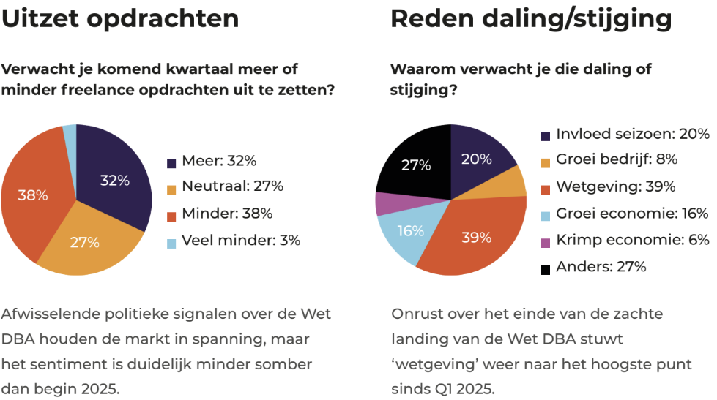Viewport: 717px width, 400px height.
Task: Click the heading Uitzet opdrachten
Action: click(x=120, y=18)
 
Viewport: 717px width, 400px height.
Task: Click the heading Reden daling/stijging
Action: click(x=531, y=18)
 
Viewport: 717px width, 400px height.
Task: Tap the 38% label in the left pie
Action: click(x=34, y=195)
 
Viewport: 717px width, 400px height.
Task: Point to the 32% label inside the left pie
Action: click(x=114, y=180)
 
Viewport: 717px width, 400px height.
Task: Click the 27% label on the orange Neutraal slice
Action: click(x=84, y=243)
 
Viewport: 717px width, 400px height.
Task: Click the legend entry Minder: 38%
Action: click(x=226, y=214)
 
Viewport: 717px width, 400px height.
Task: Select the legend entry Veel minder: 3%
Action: click(x=241, y=240)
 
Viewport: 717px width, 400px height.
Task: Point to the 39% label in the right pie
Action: click(x=475, y=238)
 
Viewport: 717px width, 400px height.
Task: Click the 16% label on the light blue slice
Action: click(x=410, y=230)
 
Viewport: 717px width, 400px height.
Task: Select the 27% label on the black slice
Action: click(x=416, y=165)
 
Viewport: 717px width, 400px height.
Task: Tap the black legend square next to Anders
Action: click(x=546, y=269)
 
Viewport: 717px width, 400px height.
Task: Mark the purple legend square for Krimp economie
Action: click(x=546, y=241)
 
